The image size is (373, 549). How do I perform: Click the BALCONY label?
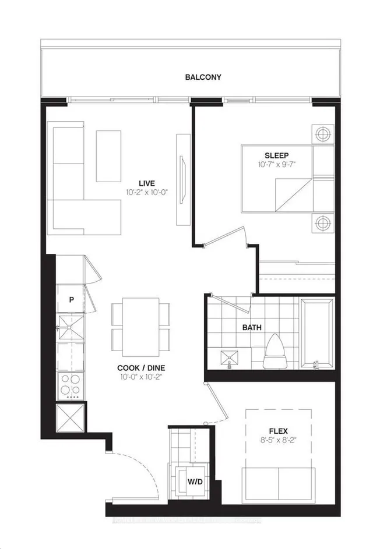point(203,77)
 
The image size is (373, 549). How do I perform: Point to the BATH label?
point(252,327)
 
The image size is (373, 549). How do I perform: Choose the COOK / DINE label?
point(138,368)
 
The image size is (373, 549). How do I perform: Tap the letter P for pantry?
point(71,300)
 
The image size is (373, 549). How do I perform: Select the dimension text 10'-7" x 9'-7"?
point(277,165)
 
